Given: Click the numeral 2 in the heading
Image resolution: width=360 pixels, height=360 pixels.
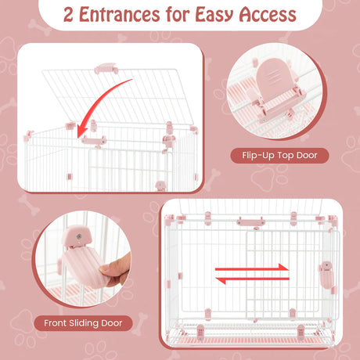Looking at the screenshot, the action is point(68,15).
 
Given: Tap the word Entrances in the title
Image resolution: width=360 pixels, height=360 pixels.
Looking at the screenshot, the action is point(120,15).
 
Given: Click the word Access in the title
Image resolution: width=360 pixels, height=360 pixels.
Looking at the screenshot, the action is point(268,15).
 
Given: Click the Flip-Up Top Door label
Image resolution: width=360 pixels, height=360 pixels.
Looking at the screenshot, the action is point(279,156).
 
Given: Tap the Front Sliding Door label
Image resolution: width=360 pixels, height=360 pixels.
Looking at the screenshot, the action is point(83,323).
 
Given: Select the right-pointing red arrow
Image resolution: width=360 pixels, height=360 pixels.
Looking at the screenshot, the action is point(252,268).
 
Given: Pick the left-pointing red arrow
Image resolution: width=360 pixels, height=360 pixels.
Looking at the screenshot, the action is point(253,279).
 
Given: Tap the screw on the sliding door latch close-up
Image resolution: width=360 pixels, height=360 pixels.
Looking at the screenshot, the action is point(78,236).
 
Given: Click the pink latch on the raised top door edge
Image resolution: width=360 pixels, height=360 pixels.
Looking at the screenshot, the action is point(106,68).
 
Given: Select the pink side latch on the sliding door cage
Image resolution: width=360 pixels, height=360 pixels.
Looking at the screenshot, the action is point(326,275).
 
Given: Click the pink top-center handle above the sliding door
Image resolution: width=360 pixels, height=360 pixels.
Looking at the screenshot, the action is point(250,222).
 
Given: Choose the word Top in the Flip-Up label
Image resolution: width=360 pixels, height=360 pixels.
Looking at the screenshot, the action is point(286,156).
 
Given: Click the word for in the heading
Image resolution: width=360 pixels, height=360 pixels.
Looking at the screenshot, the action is point(178,15).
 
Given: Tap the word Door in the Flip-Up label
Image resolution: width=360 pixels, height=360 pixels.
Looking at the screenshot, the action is point(307,155).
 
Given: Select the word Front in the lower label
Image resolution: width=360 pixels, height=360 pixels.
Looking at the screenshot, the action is point(55,323).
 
